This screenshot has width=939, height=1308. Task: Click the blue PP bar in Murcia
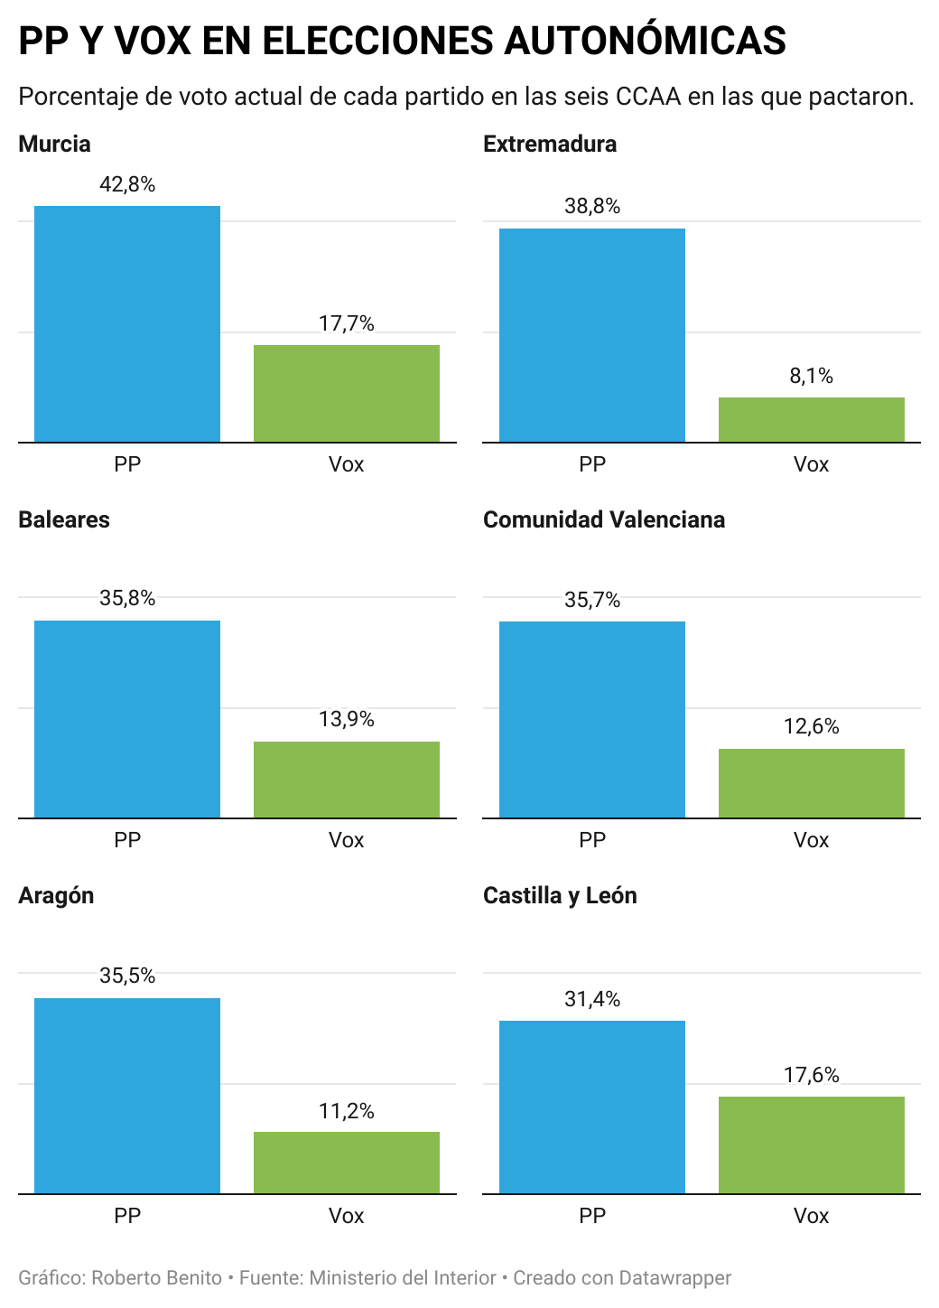click(x=127, y=324)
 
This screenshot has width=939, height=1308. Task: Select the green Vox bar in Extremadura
click(x=811, y=420)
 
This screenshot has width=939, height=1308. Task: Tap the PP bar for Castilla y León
click(x=592, y=1107)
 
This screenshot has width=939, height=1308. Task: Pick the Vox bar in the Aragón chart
click(x=347, y=1163)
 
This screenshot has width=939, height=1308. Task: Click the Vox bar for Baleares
click(x=347, y=780)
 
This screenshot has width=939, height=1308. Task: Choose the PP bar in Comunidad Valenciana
click(x=592, y=720)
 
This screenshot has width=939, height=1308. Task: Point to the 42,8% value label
click(x=127, y=185)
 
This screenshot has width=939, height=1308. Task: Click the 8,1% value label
click(x=811, y=377)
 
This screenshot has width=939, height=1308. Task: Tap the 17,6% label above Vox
click(x=811, y=1075)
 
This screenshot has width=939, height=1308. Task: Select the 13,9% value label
click(x=347, y=720)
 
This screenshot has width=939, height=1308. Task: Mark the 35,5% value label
click(x=127, y=976)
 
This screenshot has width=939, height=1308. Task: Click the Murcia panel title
click(x=55, y=145)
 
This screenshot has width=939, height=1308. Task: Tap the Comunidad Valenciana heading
click(x=604, y=520)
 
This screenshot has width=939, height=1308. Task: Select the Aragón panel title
click(x=56, y=896)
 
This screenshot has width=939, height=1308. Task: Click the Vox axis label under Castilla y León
click(x=811, y=1216)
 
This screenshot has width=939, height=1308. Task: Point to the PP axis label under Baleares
click(x=127, y=840)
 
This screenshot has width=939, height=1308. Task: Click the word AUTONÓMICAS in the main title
click(x=645, y=42)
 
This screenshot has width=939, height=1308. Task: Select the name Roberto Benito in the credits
click(x=157, y=1278)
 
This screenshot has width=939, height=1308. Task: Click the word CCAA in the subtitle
click(x=648, y=97)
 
